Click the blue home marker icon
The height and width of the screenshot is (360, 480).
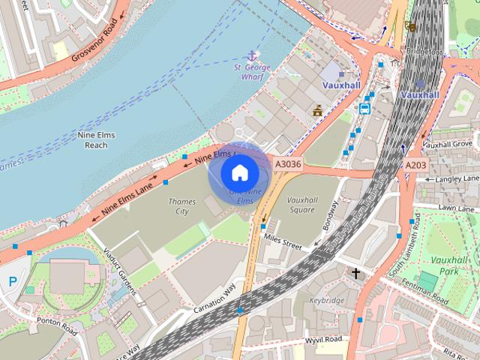(239, 173)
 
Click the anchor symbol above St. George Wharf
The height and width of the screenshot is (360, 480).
(252, 55)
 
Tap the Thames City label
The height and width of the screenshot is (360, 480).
(182, 206)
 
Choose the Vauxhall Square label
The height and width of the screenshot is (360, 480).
(301, 205)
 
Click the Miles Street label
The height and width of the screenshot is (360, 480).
(282, 242)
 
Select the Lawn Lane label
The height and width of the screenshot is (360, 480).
(457, 207)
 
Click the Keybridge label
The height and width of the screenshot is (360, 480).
(327, 300)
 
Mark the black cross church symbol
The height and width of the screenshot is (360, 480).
(356, 274)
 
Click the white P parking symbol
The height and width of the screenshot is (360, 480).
(13, 281)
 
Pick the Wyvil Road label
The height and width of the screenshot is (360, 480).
(324, 339)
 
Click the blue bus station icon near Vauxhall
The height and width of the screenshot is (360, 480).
(364, 108)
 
